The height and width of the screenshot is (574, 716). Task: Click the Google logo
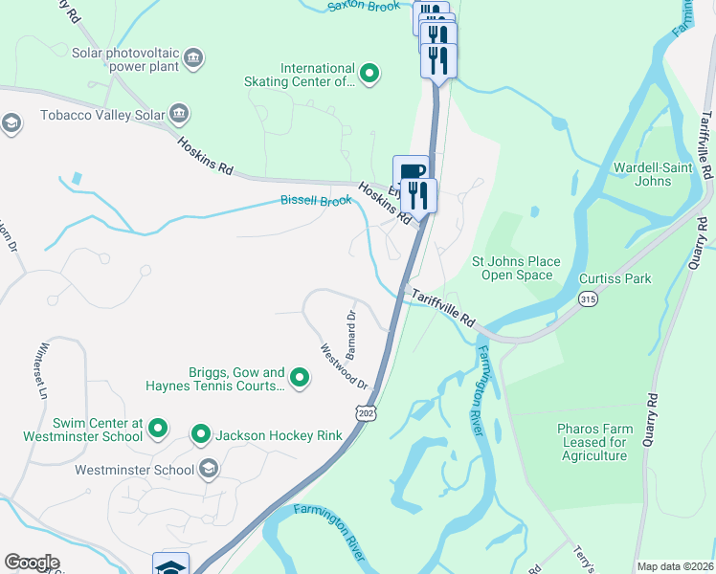tap(32, 563)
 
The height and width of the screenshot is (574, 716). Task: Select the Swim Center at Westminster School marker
tap(159, 429)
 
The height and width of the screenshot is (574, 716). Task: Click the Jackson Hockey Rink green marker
tap(201, 435)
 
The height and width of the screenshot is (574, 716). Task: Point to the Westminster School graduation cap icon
tap(209, 470)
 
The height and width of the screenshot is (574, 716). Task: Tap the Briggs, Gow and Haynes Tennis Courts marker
tap(300, 379)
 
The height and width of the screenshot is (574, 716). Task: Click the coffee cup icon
tap(411, 172)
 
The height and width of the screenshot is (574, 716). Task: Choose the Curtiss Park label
tap(615, 278)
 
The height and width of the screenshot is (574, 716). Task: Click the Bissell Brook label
tap(316, 201)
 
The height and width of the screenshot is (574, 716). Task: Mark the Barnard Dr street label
tap(351, 328)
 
